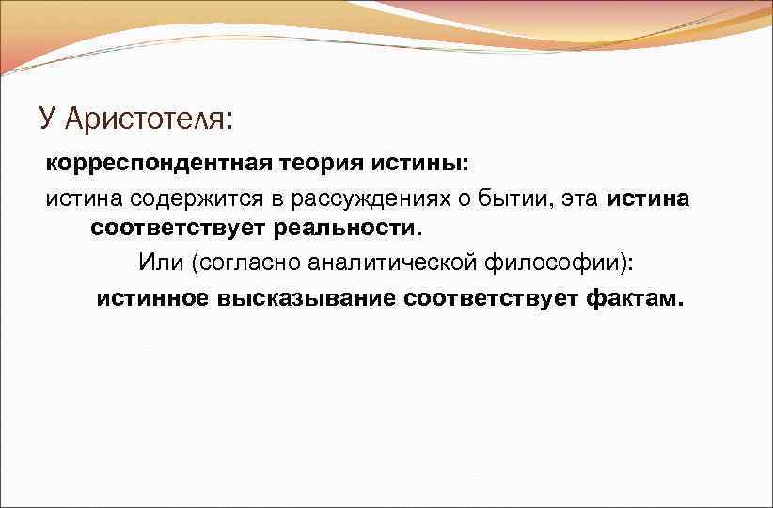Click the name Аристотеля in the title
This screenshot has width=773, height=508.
click(x=148, y=119)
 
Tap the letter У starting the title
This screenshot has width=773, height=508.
click(x=48, y=119)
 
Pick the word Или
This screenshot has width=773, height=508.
click(x=160, y=262)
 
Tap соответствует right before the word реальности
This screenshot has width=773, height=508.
click(x=179, y=228)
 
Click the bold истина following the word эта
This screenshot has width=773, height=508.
click(x=649, y=198)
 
